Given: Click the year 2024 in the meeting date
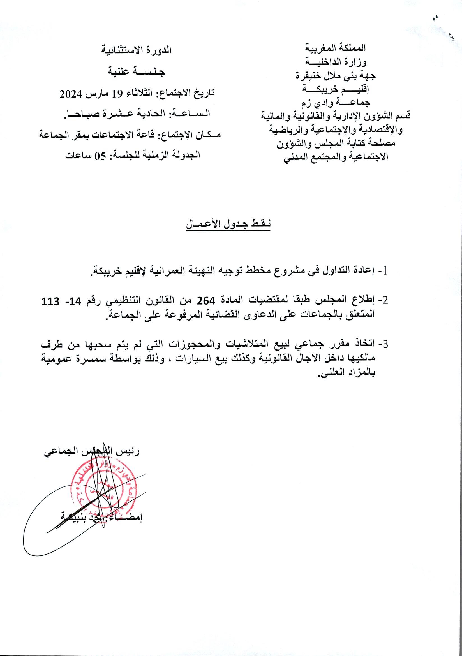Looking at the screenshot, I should pos(71,94).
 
